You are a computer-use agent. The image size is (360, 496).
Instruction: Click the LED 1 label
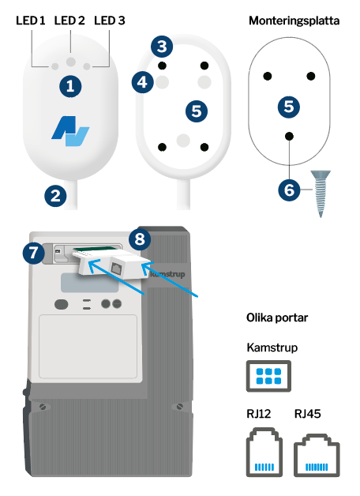(x=31, y=22)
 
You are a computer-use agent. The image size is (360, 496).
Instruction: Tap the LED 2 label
(x=70, y=22)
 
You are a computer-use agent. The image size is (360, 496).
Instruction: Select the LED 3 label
(x=109, y=22)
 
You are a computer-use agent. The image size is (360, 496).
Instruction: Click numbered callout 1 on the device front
(x=70, y=86)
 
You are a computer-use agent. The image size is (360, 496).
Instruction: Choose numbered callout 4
(x=142, y=81)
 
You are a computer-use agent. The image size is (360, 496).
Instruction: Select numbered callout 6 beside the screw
(x=290, y=189)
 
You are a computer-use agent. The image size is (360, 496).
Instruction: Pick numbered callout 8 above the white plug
(x=140, y=238)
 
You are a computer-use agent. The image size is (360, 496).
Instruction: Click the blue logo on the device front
(x=70, y=130)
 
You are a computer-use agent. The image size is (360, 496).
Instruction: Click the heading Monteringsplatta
(x=294, y=22)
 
